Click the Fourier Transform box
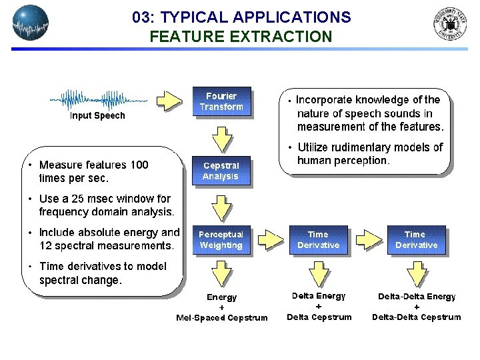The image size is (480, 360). pos(221,101)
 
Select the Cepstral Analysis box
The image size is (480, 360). pos(221,171)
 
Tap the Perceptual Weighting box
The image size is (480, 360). pos(221,240)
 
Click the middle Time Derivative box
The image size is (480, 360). pos(319,240)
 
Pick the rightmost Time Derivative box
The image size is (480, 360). pos(416,240)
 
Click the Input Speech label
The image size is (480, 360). pos(97,116)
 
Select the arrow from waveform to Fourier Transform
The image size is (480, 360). pos(169,101)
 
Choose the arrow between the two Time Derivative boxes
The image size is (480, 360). pos(367,240)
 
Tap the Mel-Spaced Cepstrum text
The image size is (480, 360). pos(221,318)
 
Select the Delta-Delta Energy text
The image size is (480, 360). pos(417,296)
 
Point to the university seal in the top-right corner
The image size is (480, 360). pos(450,25)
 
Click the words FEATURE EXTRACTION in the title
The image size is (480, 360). pos(241,37)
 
